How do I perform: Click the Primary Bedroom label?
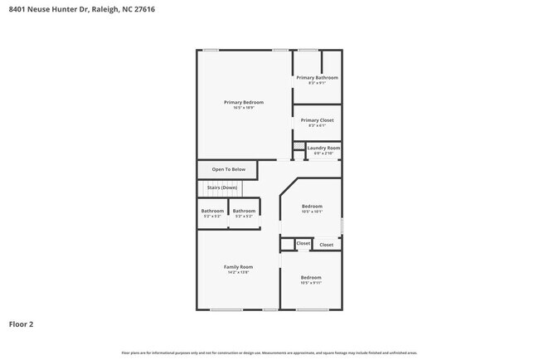[x=244, y=102]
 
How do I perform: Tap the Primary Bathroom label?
[x=318, y=77]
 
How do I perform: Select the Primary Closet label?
[x=318, y=120]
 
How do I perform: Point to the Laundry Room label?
[x=323, y=148]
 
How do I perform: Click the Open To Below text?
[x=229, y=169]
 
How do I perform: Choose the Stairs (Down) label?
[x=222, y=187]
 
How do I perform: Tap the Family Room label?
[x=238, y=266]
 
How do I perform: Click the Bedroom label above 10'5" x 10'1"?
[x=312, y=206]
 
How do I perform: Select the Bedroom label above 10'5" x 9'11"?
[x=311, y=277]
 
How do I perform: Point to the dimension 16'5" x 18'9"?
[x=244, y=108]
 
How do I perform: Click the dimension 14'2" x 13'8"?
[x=238, y=272]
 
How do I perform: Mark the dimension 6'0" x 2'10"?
[x=323, y=153]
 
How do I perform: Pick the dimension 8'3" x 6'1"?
[x=318, y=126]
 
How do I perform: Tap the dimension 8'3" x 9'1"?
[x=318, y=83]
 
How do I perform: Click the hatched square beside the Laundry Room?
[x=298, y=146]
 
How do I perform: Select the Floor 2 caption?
[x=22, y=324]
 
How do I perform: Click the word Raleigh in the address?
[x=104, y=9]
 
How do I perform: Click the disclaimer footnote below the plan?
[x=269, y=353]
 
